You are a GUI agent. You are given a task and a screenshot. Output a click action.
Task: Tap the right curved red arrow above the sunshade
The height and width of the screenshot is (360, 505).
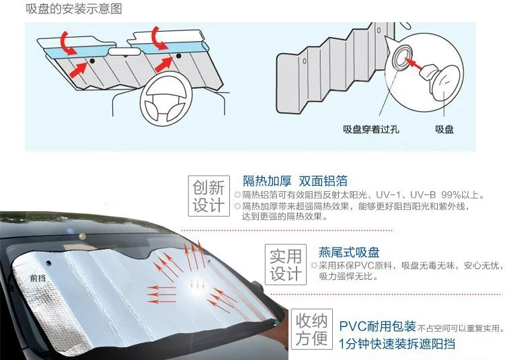[x=160, y=37]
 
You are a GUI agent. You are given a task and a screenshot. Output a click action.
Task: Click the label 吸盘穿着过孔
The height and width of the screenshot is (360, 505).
[x=371, y=129]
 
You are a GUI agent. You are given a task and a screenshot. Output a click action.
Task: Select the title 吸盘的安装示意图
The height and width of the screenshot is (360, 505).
[x=65, y=9]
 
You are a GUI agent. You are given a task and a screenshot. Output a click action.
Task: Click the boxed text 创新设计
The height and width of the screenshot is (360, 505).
[x=209, y=196]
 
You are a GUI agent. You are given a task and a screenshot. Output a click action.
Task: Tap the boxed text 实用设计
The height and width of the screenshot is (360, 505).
[x=285, y=265]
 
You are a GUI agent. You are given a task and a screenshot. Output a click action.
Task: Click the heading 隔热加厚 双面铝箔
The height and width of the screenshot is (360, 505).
[x=295, y=180]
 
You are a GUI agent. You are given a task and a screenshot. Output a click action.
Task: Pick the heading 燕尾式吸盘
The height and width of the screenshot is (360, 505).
[x=349, y=252]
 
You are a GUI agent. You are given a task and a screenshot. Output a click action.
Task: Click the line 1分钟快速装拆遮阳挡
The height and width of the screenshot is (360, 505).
[x=397, y=345]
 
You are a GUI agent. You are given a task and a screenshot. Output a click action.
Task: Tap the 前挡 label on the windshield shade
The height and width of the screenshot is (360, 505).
[x=38, y=277]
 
